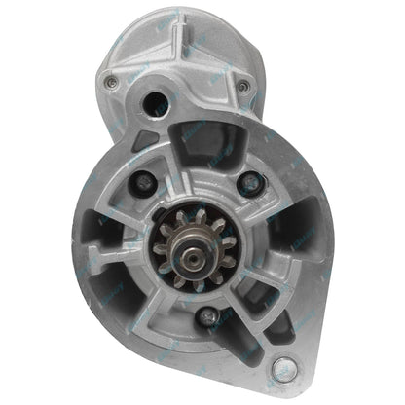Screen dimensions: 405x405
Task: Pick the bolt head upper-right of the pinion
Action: [250, 182]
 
